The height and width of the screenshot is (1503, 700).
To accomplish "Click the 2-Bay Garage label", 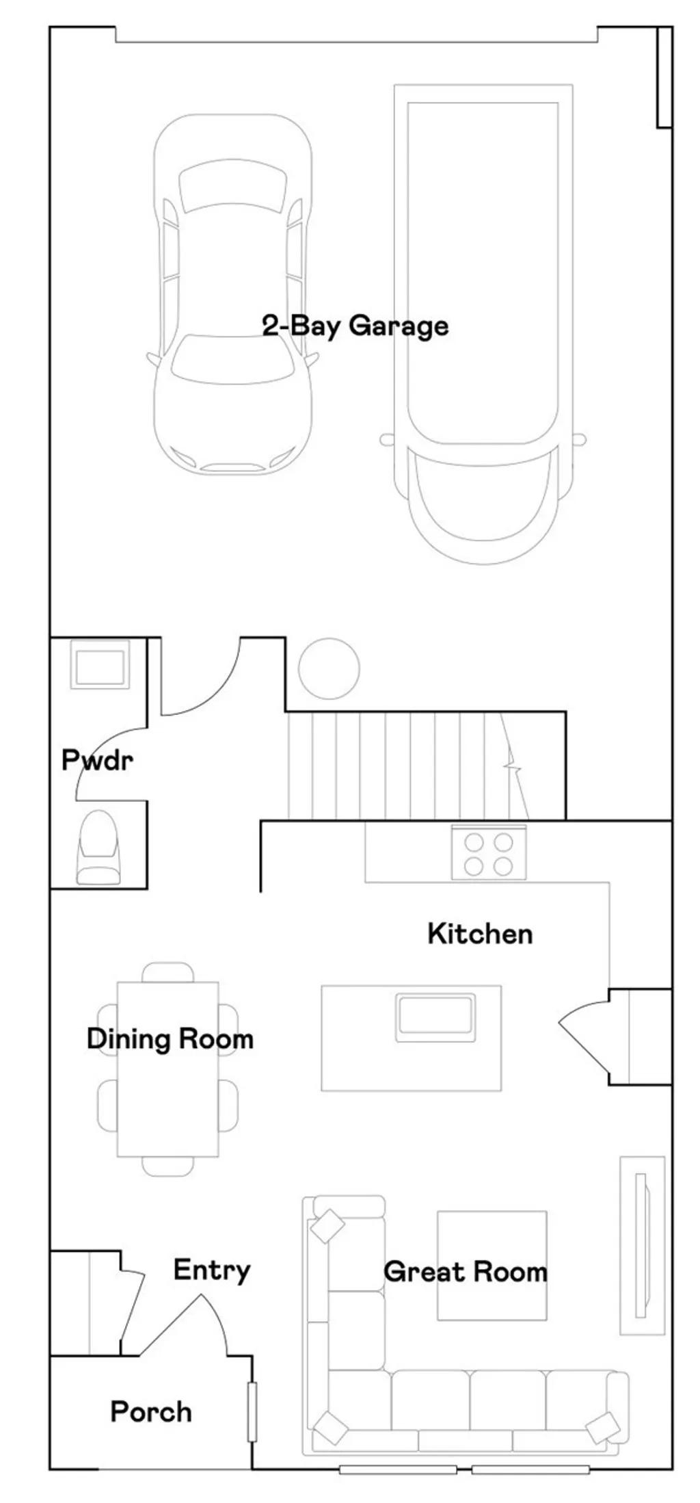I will [355, 326].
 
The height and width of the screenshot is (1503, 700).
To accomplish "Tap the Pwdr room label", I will [96, 760].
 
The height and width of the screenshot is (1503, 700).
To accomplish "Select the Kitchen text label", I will [479, 934].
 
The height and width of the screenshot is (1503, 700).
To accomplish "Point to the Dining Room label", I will [170, 1038].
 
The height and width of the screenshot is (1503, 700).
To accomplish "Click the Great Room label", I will [465, 1272].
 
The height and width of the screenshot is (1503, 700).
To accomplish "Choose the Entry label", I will [211, 1270].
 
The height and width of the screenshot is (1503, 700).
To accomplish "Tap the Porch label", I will [151, 1412].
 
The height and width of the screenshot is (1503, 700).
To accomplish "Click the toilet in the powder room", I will [98, 848].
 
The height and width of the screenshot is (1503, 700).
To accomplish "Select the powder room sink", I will [100, 665].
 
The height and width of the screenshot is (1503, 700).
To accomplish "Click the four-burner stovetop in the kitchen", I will [488, 853].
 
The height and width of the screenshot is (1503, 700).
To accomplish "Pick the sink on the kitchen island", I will [435, 1019].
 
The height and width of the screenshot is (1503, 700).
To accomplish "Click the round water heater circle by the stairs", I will [329, 668].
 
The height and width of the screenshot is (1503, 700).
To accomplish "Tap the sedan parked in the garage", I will [232, 294].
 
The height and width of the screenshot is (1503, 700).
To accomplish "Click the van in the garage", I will [483, 322].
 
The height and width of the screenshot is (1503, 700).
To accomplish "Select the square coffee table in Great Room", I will [492, 1266].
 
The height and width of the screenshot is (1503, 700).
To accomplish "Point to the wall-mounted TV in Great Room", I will [641, 1245].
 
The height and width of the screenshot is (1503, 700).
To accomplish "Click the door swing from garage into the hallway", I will [205, 684].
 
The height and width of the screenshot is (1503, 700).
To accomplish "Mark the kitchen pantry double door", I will [588, 1036].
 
